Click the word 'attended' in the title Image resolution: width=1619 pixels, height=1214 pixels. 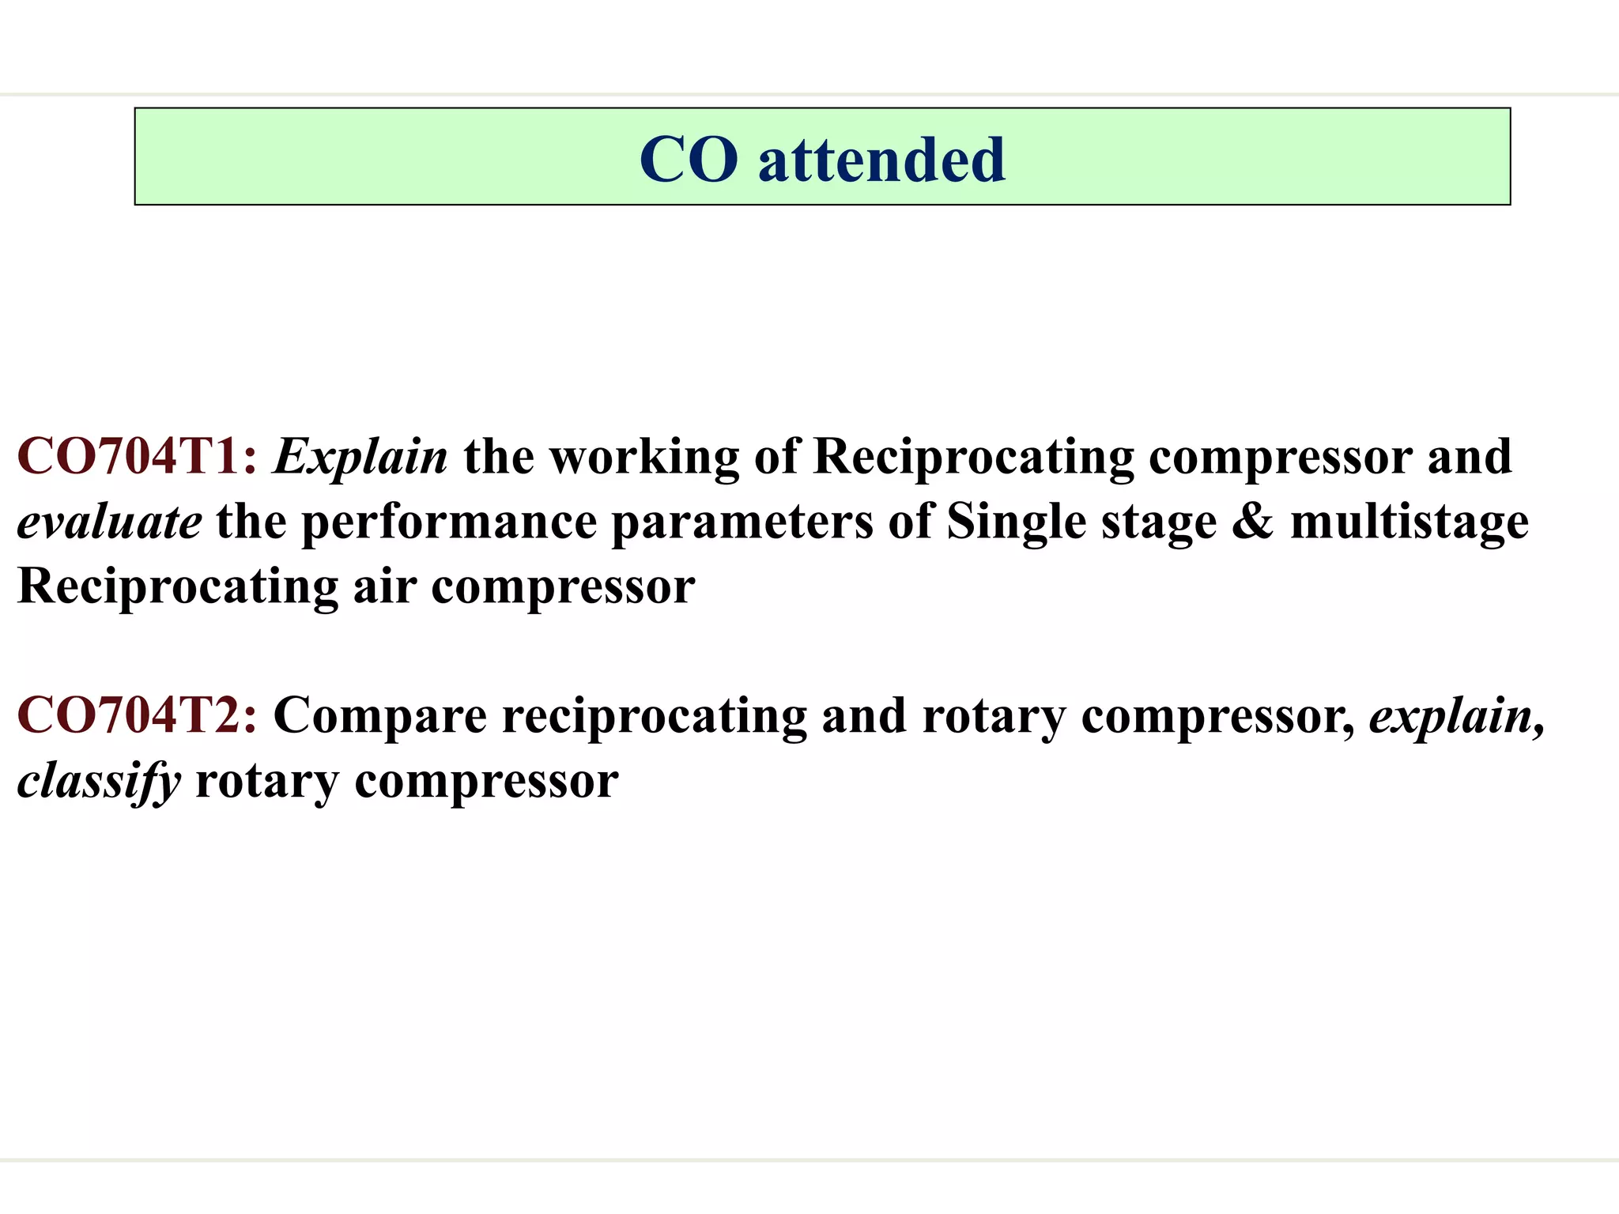(881, 160)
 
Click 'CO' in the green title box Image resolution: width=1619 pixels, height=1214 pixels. (689, 160)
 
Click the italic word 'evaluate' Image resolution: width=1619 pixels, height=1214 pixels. (109, 522)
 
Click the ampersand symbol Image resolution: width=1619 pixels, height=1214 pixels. (1253, 522)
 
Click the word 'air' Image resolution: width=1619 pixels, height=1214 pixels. (384, 587)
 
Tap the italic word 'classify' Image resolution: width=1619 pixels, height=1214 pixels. (99, 782)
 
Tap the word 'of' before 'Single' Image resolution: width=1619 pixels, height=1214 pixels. (910, 522)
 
